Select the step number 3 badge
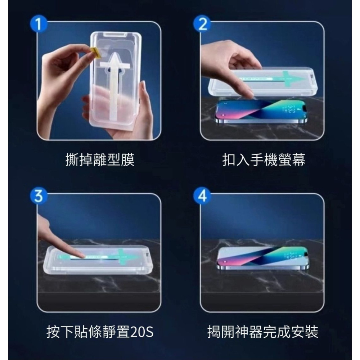38,197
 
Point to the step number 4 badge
203,197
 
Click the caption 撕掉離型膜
100,159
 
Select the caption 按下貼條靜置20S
100,332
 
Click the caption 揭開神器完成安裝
263,332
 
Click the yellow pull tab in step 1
95,52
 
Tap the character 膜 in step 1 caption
128,159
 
